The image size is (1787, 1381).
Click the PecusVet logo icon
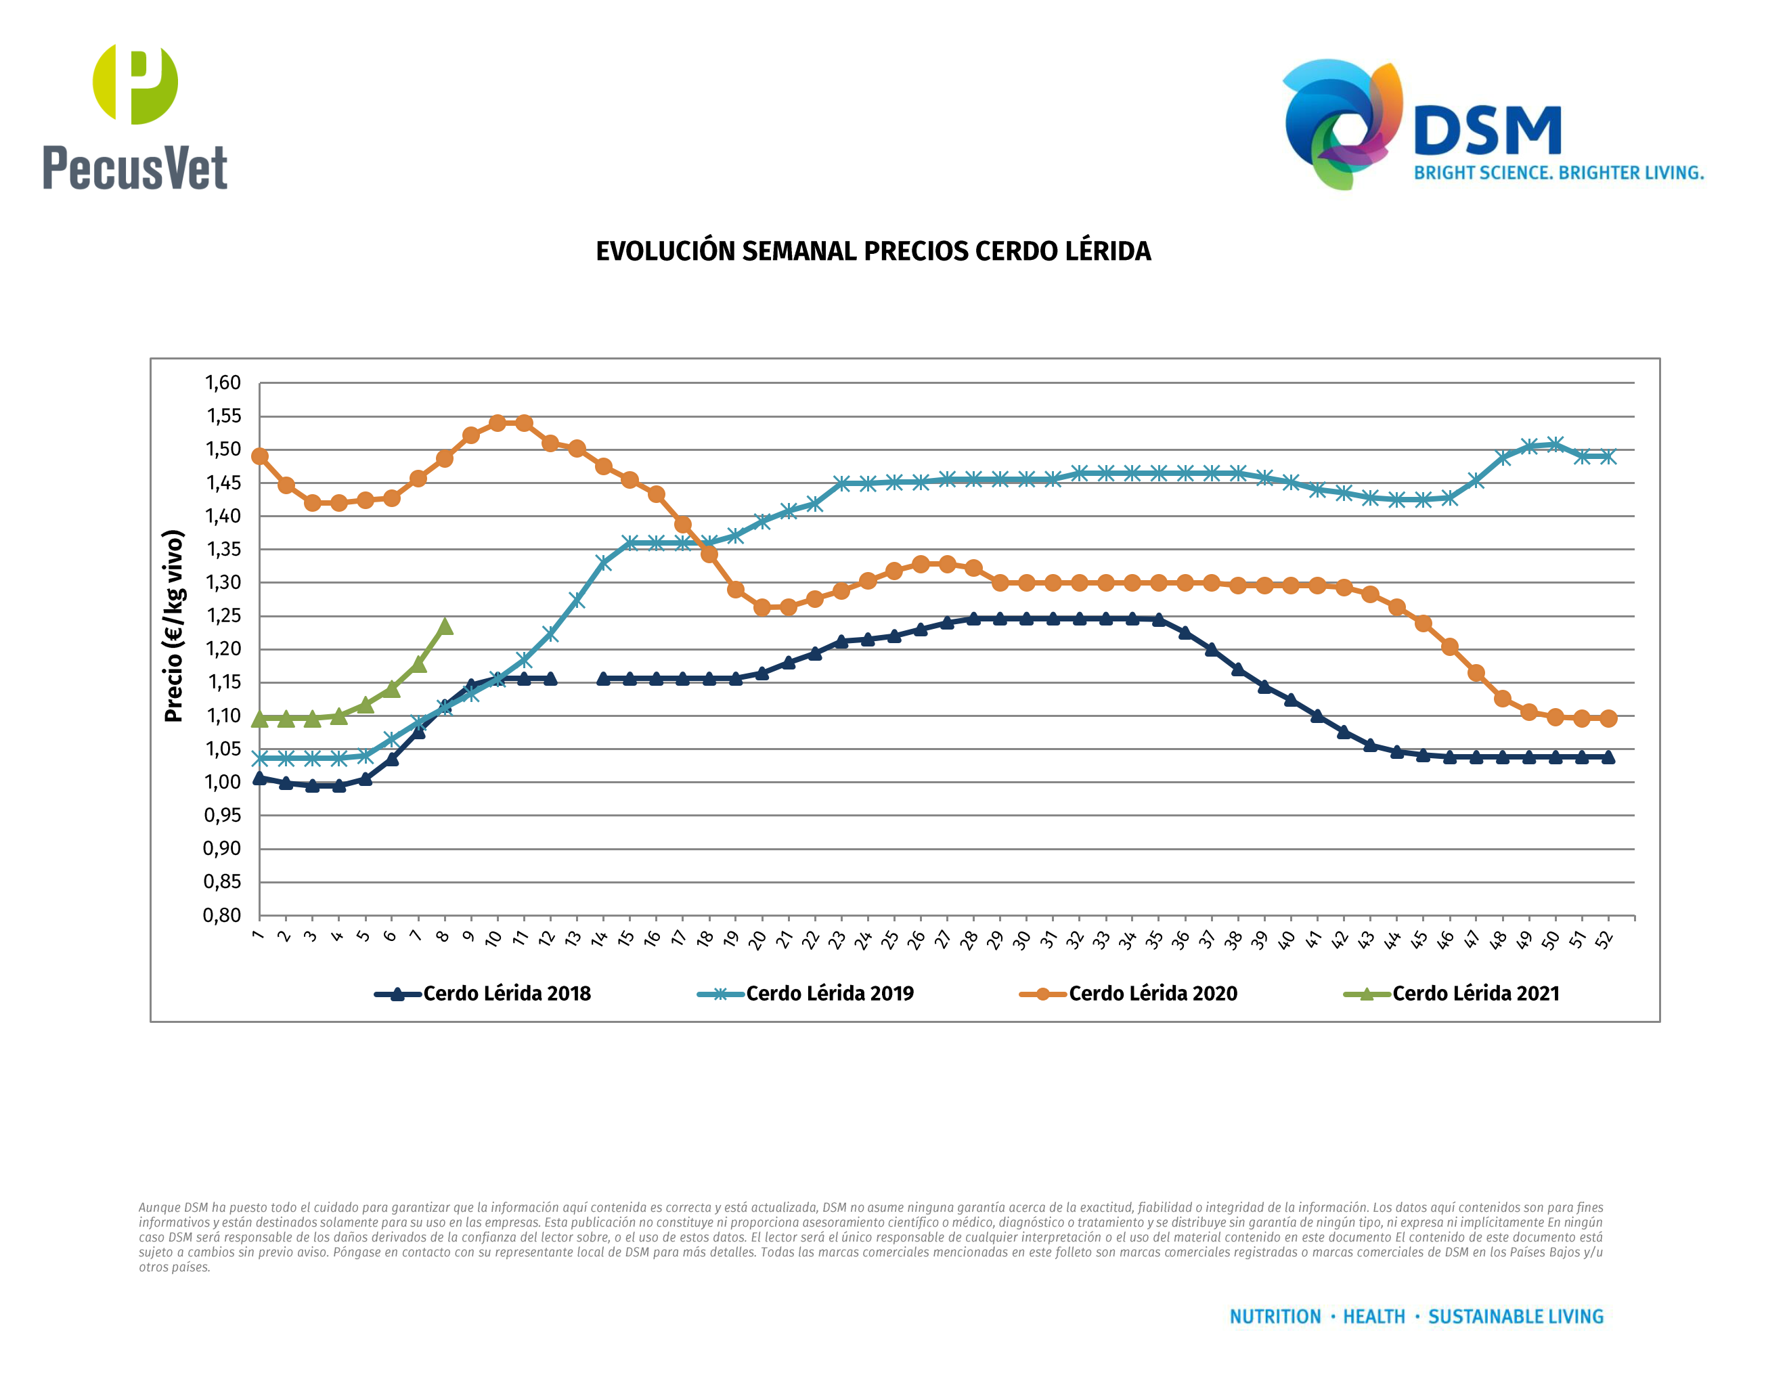(x=135, y=83)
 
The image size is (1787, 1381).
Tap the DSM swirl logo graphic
(x=1342, y=123)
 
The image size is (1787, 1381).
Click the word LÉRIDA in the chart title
(x=1107, y=251)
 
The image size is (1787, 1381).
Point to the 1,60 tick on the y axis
(x=223, y=383)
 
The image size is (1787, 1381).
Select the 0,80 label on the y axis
(x=222, y=915)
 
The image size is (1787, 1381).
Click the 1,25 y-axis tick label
(x=223, y=616)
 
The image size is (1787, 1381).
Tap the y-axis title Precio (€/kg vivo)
(x=173, y=626)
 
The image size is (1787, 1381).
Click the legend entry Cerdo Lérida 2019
(x=829, y=993)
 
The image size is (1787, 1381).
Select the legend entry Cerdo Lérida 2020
(x=1152, y=993)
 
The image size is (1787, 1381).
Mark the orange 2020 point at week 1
(x=259, y=456)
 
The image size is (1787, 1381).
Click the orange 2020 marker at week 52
(x=1608, y=718)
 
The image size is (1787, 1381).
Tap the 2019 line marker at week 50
(x=1555, y=444)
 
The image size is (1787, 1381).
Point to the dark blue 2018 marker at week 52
(x=1608, y=757)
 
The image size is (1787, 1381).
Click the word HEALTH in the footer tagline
(x=1374, y=1317)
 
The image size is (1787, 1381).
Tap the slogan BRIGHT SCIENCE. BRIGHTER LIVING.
(x=1558, y=173)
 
